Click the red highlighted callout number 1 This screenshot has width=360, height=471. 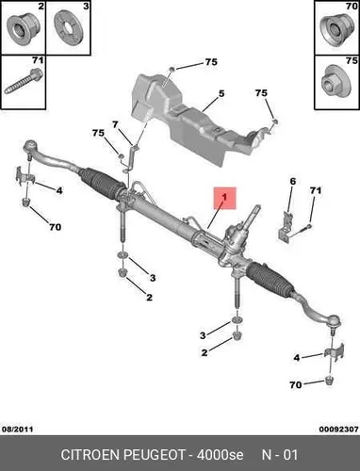224,198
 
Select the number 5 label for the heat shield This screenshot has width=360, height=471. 221,93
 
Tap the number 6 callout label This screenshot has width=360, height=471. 292,181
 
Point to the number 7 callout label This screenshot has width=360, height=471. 115,125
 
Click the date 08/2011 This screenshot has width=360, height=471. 18,430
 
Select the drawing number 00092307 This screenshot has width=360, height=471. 339,430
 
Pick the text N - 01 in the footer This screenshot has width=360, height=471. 280,455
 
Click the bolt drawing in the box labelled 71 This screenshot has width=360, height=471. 24,81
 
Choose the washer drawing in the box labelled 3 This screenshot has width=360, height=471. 67,28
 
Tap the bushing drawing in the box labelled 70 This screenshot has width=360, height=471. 336,30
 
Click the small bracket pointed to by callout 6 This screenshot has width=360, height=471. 286,228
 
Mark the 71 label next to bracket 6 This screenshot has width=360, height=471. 316,190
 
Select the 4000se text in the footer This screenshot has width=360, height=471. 220,455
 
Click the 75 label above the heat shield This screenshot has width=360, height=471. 211,62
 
